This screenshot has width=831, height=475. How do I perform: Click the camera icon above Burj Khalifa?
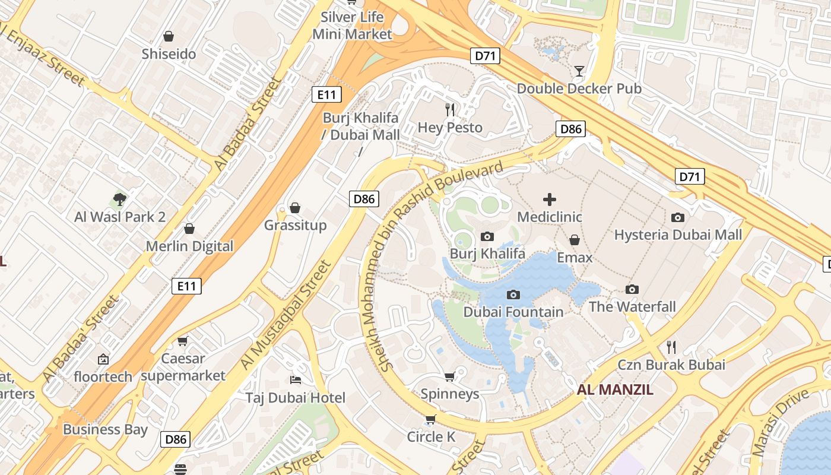click(x=487, y=236)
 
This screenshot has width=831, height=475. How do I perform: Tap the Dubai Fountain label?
click(x=513, y=312)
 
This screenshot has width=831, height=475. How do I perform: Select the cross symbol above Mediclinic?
click(x=550, y=199)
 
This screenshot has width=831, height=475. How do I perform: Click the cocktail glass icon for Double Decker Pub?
click(x=579, y=71)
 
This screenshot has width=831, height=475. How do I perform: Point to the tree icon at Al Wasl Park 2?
click(x=120, y=199)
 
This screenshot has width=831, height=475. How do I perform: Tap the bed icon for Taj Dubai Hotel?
click(x=295, y=379)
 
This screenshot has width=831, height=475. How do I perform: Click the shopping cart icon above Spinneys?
click(x=450, y=376)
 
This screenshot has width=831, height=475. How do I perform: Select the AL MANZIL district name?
click(x=615, y=390)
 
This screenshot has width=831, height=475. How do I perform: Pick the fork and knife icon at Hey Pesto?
click(x=450, y=109)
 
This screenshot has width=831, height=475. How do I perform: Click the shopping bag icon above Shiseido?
click(x=169, y=36)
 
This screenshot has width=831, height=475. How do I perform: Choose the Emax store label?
click(x=574, y=258)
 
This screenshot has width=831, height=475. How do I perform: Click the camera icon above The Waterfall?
click(x=632, y=289)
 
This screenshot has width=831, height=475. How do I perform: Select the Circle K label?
click(x=431, y=437)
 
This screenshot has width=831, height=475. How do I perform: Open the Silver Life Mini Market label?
click(x=353, y=26)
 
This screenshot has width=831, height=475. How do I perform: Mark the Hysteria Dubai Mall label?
click(x=677, y=235)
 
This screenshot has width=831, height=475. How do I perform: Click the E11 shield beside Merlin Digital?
click(x=186, y=286)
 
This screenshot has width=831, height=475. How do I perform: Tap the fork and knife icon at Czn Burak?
click(x=671, y=347)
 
